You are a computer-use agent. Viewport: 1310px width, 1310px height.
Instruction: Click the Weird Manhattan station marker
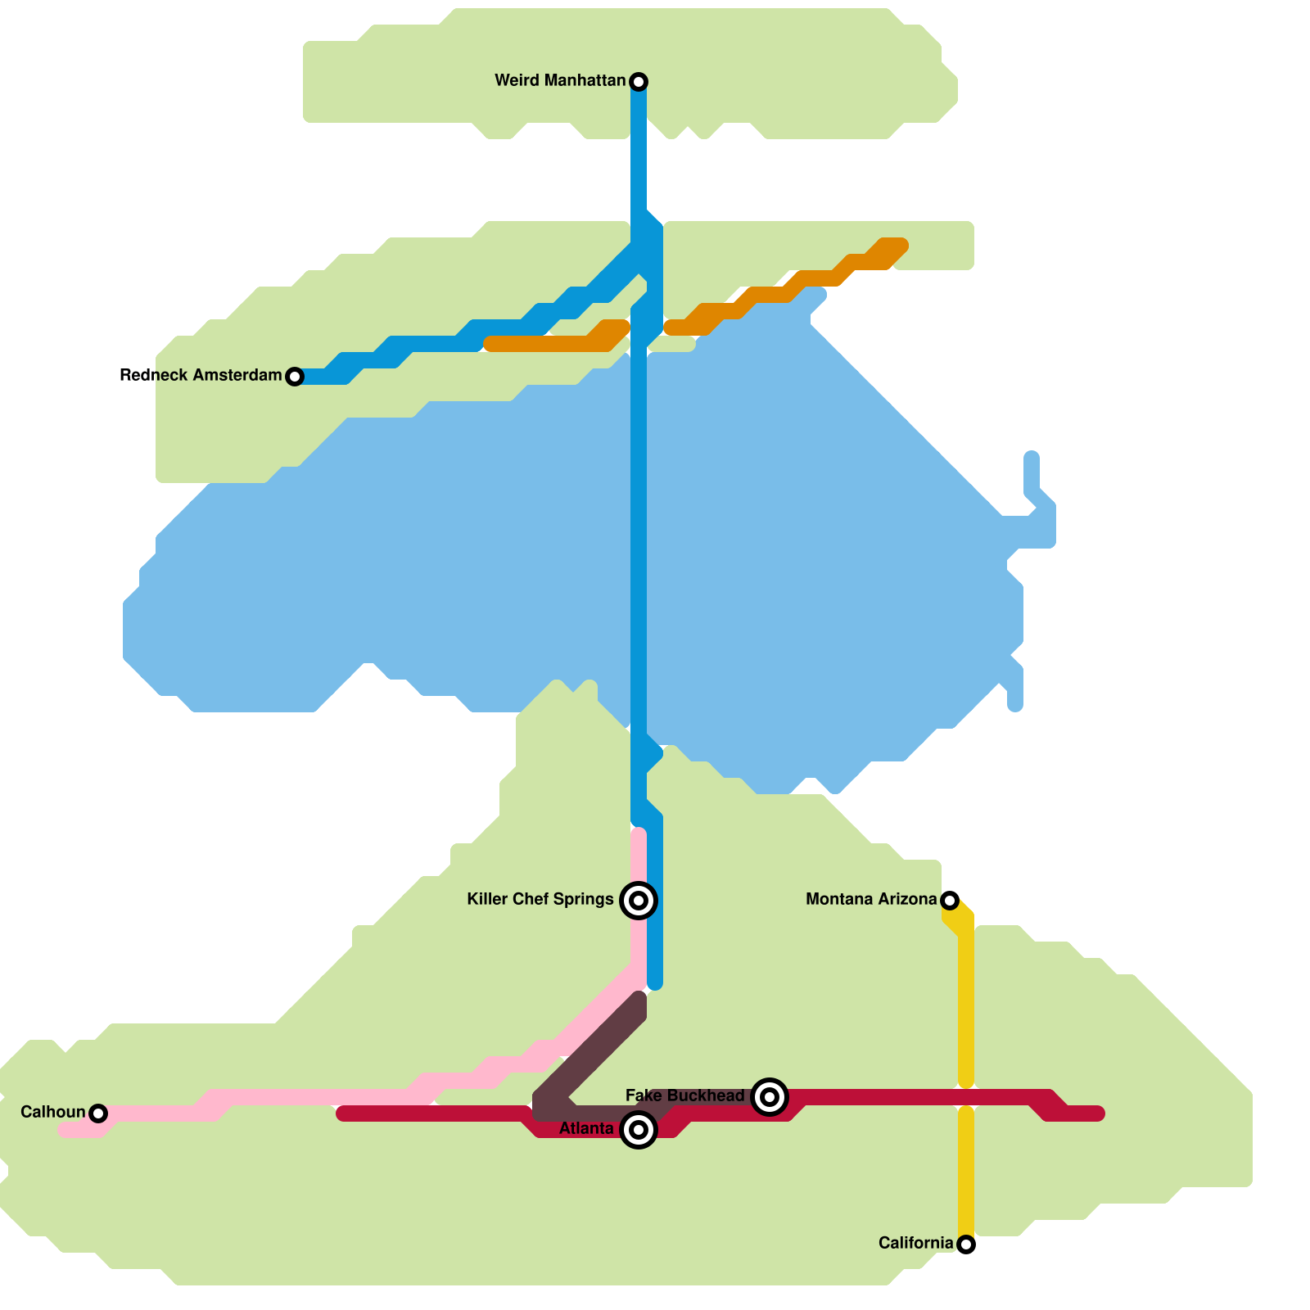639,81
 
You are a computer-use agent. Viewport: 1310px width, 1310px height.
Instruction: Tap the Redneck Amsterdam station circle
295,377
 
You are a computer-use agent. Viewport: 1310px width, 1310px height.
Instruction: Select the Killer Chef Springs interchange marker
639,901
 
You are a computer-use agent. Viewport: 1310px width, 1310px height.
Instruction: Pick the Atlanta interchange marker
639,1130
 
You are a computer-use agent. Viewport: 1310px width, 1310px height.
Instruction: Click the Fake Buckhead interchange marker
770,1097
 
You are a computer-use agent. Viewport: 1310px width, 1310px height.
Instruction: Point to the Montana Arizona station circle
950,901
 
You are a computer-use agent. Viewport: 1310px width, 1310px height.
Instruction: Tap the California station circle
966,1244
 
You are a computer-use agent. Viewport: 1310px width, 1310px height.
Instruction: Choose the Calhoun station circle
98,1113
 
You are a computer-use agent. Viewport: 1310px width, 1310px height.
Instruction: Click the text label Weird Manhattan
560,80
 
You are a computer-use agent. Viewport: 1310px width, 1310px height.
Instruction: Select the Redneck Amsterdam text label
201,375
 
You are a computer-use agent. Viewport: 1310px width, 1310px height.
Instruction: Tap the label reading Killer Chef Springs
540,899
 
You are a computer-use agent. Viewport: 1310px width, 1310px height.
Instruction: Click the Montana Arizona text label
870,899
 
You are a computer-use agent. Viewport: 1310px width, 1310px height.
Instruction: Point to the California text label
915,1243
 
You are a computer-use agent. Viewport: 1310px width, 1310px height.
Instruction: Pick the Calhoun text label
52,1112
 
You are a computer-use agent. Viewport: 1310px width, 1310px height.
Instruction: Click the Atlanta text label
585,1129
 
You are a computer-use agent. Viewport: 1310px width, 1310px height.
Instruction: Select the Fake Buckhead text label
684,1095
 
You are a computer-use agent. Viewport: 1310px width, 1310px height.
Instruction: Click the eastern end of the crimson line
1097,1113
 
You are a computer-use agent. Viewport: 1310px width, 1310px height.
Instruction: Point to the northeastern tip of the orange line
899,246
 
